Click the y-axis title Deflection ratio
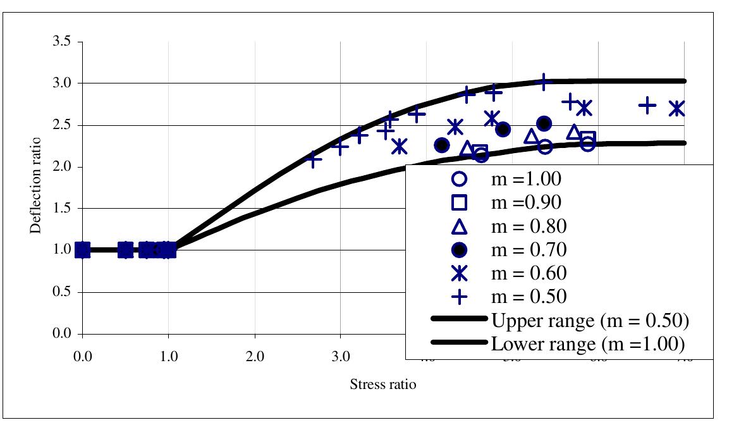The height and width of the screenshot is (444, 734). (37, 185)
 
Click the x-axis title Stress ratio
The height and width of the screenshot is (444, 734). (383, 385)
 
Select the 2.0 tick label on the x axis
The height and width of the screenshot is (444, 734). (255, 355)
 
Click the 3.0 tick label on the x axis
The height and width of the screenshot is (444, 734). (341, 355)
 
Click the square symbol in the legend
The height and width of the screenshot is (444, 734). (460, 203)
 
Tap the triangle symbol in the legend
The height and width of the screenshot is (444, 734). (460, 226)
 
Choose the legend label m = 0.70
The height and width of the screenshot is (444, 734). (529, 250)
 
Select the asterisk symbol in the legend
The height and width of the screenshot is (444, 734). (460, 273)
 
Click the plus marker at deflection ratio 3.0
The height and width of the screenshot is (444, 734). (544, 82)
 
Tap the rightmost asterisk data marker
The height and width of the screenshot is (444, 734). (677, 109)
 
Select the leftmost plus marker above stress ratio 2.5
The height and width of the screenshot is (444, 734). (314, 159)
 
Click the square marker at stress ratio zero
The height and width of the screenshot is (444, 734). (82, 250)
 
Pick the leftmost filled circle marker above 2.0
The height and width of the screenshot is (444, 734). (442, 145)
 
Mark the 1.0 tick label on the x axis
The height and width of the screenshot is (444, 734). (169, 355)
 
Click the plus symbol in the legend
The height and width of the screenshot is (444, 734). (460, 297)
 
